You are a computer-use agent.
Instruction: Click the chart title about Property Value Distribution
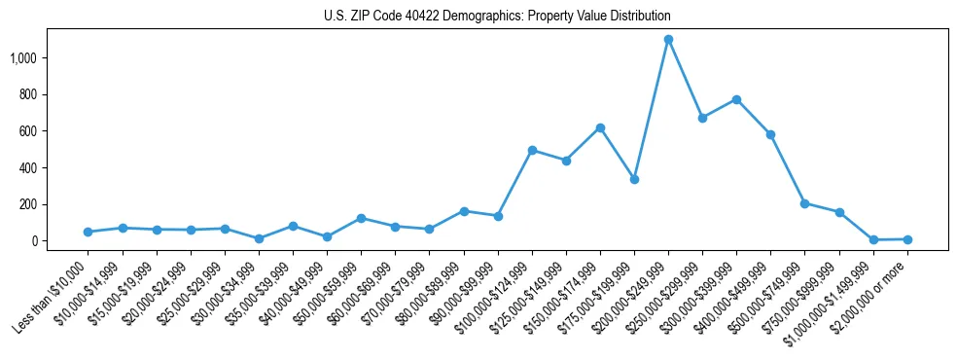pyautogui.click(x=497, y=17)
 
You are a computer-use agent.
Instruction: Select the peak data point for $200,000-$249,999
pyautogui.click(x=668, y=39)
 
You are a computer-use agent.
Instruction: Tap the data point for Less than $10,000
pyautogui.click(x=89, y=232)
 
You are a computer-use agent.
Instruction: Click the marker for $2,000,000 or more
pyautogui.click(x=907, y=239)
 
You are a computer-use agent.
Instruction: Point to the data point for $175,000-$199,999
pyautogui.click(x=634, y=179)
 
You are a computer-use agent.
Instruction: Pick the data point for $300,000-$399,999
pyautogui.click(x=736, y=99)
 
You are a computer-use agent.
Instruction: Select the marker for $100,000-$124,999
pyautogui.click(x=532, y=150)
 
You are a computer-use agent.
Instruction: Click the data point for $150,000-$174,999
pyautogui.click(x=600, y=127)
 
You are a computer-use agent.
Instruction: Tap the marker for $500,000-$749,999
pyautogui.click(x=804, y=203)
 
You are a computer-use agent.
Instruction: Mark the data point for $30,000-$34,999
pyautogui.click(x=259, y=238)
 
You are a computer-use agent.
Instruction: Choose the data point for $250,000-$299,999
pyautogui.click(x=702, y=118)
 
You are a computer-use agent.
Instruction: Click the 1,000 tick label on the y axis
pyautogui.click(x=22, y=58)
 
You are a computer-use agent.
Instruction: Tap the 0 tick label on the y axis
pyautogui.click(x=34, y=241)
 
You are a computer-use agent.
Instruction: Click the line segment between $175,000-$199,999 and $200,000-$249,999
pyautogui.click(x=652, y=109)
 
